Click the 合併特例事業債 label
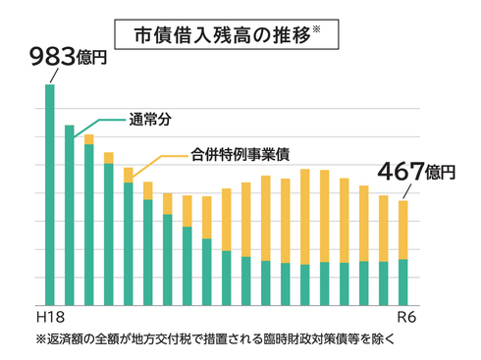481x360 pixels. (240, 154)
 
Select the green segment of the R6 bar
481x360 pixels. (403, 283)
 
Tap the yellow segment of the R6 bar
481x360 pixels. (403, 230)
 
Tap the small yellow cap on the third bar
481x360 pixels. (89, 139)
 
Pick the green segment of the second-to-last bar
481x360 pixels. (384, 283)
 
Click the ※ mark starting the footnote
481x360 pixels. (40, 339)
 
